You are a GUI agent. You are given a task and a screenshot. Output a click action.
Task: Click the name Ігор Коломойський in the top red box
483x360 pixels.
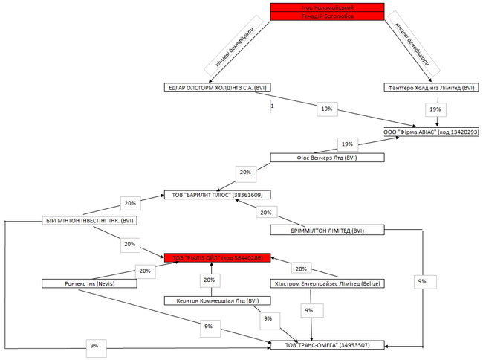(327, 7)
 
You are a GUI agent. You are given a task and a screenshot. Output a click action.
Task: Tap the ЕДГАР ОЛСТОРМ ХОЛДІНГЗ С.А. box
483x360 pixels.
(218, 88)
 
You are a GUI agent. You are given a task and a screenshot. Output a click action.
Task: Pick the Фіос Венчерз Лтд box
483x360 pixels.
(327, 158)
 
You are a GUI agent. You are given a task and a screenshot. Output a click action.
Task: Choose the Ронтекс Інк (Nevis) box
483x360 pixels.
(88, 283)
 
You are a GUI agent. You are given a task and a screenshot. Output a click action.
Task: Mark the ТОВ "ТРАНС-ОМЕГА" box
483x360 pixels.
(327, 345)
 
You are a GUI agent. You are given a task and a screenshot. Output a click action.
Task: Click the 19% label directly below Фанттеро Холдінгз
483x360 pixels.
(435, 109)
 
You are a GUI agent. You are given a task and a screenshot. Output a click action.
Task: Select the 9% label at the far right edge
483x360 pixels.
(422, 282)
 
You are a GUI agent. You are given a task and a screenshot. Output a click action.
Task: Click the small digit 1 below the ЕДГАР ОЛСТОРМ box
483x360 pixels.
(273, 106)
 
